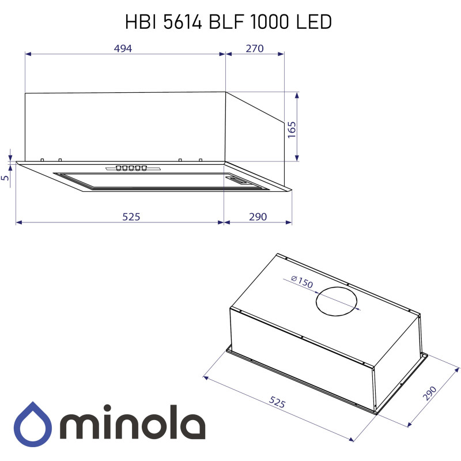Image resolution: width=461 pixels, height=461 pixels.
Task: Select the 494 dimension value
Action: pyautogui.click(x=123, y=48)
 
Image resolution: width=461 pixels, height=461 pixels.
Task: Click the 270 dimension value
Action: pyautogui.click(x=254, y=48)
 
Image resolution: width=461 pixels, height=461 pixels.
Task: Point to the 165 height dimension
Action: pyautogui.click(x=292, y=127)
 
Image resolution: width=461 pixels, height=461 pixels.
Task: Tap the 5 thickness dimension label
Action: pyautogui.click(x=5, y=179)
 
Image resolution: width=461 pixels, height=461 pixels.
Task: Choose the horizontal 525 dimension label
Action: pyautogui.click(x=131, y=217)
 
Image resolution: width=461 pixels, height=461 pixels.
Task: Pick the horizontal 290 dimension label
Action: pyautogui.click(x=258, y=217)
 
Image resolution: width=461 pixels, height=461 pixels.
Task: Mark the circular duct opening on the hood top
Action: pyautogui.click(x=336, y=300)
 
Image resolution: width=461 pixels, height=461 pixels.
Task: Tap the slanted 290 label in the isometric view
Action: pyautogui.click(x=429, y=394)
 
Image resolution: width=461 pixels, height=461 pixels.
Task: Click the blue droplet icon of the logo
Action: pyautogui.click(x=34, y=424)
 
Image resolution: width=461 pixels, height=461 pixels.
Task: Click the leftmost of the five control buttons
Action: pyautogui.click(x=118, y=168)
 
